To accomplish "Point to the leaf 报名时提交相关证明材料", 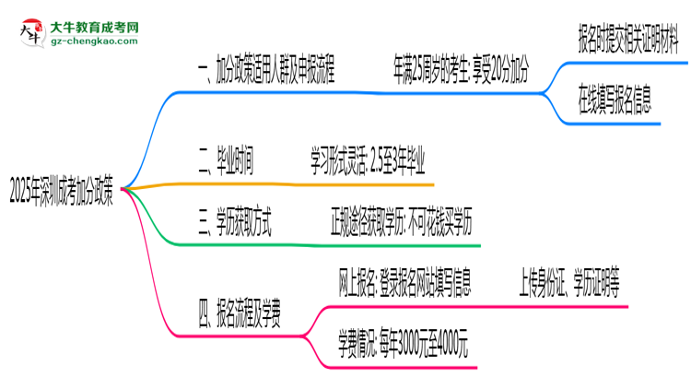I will (628, 41).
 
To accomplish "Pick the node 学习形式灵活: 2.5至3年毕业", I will (367, 163).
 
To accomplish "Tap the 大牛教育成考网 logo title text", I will (88, 24).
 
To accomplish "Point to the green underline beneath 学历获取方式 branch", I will (322, 244).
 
